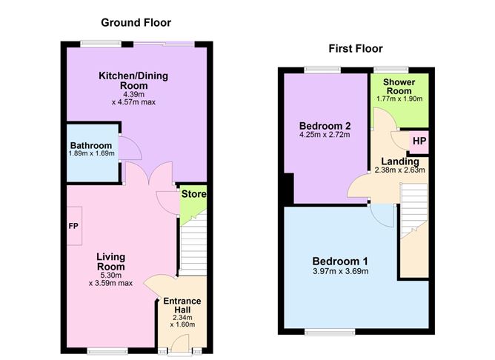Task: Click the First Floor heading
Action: click(355, 49)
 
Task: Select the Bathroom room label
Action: click(91, 145)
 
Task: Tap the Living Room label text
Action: click(110, 261)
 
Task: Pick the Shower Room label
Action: click(399, 87)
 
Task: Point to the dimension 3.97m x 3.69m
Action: click(340, 272)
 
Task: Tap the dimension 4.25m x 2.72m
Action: click(324, 135)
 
